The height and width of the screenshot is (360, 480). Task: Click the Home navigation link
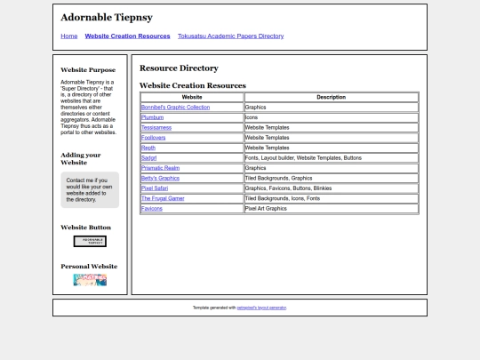coord(69,36)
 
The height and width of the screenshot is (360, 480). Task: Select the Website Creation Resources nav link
coord(127,36)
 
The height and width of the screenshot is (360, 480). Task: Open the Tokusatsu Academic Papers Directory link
coord(230,36)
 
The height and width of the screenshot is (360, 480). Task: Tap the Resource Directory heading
coord(179,68)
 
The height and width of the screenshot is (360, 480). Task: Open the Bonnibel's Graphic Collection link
coord(175,107)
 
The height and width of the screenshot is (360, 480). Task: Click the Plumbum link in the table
coord(152,117)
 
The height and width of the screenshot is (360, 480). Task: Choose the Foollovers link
coord(153,138)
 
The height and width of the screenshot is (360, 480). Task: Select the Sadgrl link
coord(148,157)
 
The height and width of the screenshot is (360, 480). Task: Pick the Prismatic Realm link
coord(160,168)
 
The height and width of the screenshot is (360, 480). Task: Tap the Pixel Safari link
coord(155,188)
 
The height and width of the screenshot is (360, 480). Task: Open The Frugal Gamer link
coord(163,198)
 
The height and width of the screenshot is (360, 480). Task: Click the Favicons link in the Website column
coord(152,209)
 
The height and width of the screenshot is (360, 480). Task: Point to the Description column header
coord(331,97)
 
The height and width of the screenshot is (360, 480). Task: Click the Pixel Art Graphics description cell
coord(266,209)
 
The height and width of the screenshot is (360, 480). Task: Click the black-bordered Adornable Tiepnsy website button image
coord(90,241)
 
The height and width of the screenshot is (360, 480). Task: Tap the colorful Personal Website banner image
coord(90,280)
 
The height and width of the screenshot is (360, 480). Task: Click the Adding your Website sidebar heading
coord(80,158)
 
